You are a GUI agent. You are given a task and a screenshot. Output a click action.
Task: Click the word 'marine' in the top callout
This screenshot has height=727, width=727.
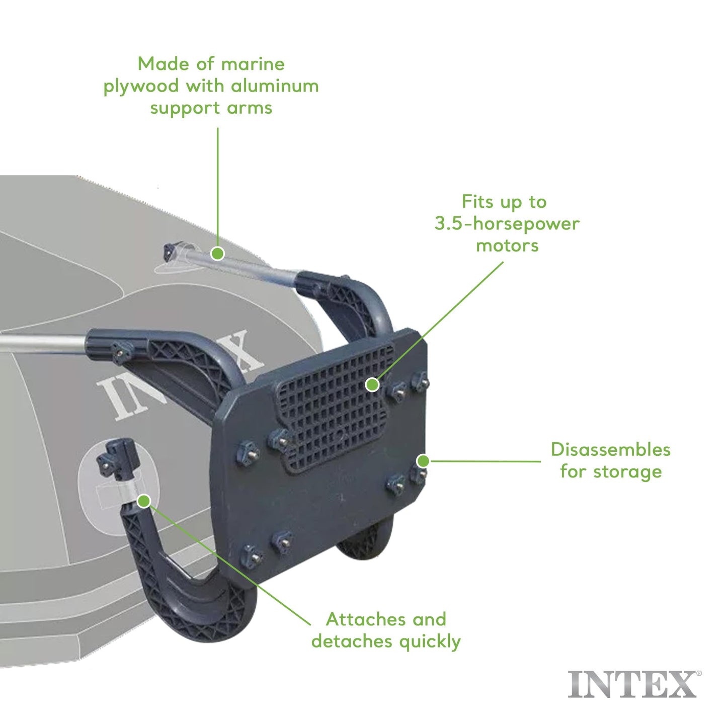(253, 64)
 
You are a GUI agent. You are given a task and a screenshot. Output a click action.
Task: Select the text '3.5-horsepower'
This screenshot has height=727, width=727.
(507, 223)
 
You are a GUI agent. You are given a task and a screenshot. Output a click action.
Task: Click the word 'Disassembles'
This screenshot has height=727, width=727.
(610, 449)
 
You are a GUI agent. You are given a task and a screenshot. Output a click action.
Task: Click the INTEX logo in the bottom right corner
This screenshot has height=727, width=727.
(632, 685)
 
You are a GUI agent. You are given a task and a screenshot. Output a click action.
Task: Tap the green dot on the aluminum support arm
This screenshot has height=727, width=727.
(217, 253)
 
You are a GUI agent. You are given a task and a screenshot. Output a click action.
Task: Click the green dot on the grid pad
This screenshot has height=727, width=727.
(372, 385)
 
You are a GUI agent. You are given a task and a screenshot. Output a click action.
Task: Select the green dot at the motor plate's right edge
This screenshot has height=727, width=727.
(423, 461)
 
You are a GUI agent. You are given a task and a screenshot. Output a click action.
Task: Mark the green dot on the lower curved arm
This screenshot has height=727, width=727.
(144, 501)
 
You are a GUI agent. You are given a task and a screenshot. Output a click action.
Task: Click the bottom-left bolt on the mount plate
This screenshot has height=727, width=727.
(251, 555)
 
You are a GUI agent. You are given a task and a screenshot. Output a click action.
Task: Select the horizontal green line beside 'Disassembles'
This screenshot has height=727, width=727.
(486, 461)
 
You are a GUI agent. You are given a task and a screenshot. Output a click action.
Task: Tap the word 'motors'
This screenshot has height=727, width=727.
(507, 246)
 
